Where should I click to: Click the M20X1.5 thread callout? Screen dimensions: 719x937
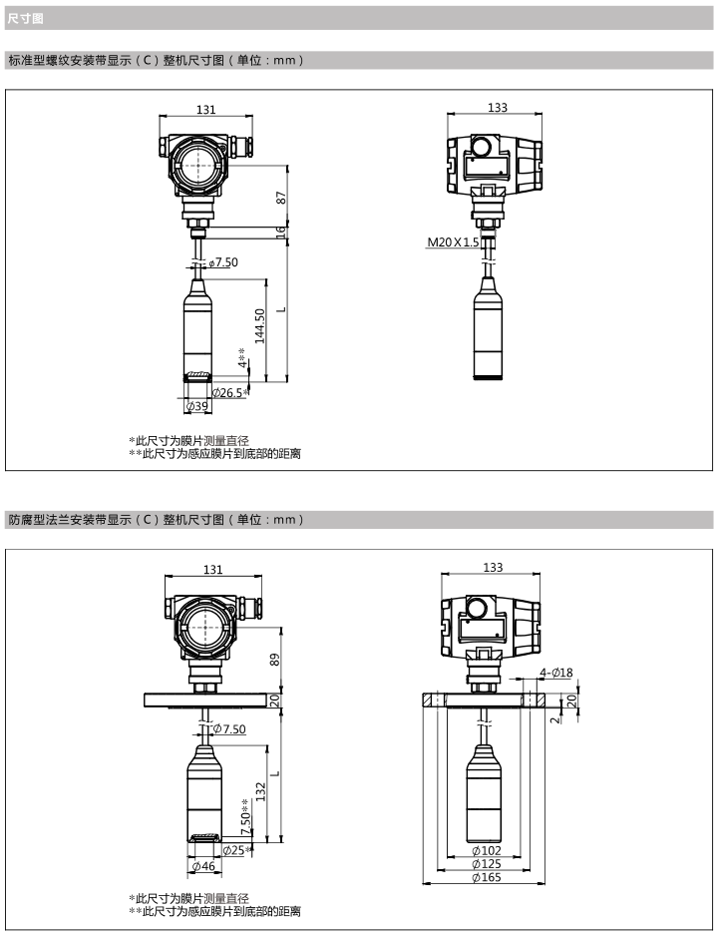click(453, 242)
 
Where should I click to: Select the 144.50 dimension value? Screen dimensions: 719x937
click(259, 325)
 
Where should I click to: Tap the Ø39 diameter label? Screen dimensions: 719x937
click(197, 406)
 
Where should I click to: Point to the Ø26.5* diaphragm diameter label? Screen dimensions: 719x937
click(230, 392)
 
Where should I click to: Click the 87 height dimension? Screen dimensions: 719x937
click(281, 197)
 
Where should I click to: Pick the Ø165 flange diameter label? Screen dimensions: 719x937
click(487, 877)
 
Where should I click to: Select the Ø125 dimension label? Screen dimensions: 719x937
click(487, 863)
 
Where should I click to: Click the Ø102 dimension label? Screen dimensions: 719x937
click(487, 850)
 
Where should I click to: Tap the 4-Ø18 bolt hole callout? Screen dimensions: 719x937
click(556, 673)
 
